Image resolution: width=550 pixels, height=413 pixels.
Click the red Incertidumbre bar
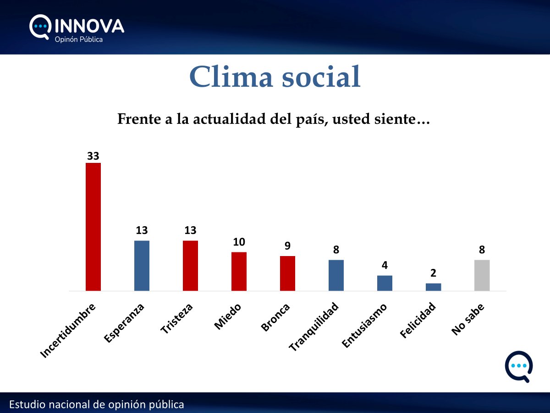(x=93, y=227)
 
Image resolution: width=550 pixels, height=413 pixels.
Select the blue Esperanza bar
(x=142, y=266)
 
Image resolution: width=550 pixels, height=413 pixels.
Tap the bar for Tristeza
(x=190, y=266)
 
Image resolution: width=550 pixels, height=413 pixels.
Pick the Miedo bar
(x=239, y=271)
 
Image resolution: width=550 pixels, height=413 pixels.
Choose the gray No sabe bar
(x=482, y=275)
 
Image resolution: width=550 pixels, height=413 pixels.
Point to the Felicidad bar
(x=433, y=287)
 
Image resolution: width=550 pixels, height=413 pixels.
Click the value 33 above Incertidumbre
(x=93, y=156)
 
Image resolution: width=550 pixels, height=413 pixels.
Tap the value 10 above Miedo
(x=239, y=242)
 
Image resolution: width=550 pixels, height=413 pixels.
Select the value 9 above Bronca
(x=287, y=246)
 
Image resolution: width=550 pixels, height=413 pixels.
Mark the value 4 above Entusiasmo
(x=385, y=265)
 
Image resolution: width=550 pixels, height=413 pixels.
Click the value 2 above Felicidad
(x=433, y=273)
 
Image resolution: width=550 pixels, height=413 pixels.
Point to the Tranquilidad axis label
(x=314, y=327)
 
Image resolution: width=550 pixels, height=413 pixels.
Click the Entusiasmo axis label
(x=365, y=325)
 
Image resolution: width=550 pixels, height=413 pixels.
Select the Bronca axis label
(x=275, y=317)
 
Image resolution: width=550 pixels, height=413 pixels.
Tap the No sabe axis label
(x=468, y=319)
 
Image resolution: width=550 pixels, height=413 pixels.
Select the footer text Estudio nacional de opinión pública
(x=97, y=405)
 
